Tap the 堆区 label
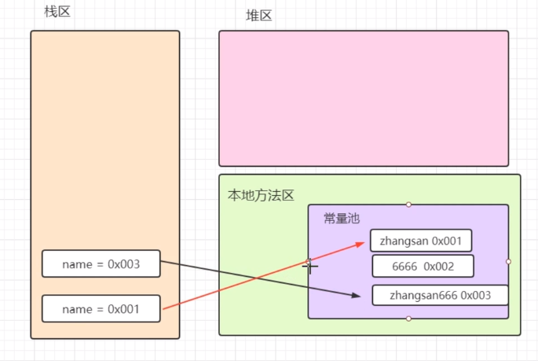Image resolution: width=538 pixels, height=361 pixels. (x=258, y=15)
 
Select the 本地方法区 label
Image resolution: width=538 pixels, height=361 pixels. (x=261, y=195)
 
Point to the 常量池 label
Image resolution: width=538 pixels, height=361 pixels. (x=341, y=218)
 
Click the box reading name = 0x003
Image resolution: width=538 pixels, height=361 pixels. (x=101, y=263)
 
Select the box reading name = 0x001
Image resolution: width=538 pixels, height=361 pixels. (x=101, y=308)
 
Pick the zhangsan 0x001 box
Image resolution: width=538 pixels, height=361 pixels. (x=421, y=240)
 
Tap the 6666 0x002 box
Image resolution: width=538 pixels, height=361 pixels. (x=423, y=267)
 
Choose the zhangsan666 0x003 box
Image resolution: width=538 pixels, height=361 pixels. (x=440, y=295)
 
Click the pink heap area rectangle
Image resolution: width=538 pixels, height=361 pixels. (x=364, y=98)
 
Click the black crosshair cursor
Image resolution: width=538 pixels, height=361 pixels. (x=311, y=267)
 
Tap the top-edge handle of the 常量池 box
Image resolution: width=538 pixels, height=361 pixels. (x=408, y=204)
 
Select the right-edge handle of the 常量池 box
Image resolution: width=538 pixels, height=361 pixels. (x=508, y=261)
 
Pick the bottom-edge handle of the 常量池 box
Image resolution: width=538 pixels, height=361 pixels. (x=408, y=319)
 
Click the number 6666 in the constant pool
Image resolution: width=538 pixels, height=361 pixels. (x=405, y=267)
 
